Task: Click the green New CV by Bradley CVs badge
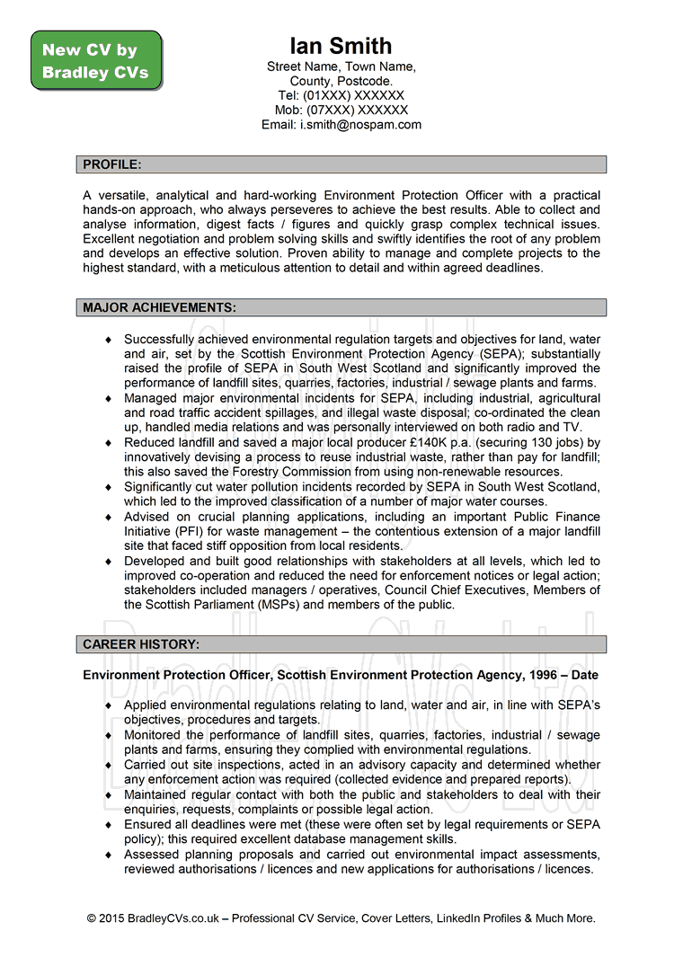click(x=96, y=61)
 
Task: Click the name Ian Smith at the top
click(x=341, y=46)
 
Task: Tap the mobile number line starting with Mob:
click(x=341, y=110)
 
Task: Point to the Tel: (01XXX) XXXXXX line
click(x=341, y=95)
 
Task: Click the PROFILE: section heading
click(x=112, y=164)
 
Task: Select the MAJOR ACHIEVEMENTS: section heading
click(x=159, y=307)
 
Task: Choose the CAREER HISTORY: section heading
click(x=141, y=644)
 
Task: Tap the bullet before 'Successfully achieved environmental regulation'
click(x=109, y=340)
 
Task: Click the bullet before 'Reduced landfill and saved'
click(x=109, y=443)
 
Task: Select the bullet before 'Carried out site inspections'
click(x=109, y=766)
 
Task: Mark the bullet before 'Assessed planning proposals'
click(x=109, y=855)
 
